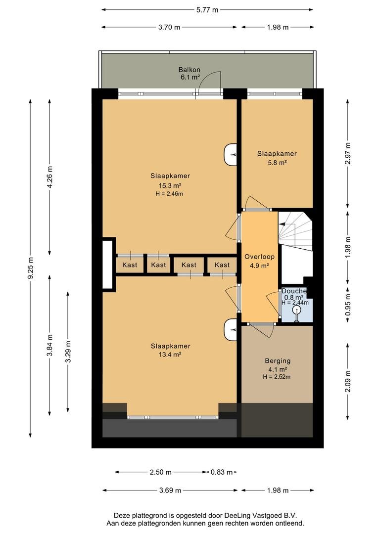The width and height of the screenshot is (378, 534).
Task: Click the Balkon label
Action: [x=189, y=70]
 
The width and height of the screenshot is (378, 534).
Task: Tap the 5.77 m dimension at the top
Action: [x=207, y=10]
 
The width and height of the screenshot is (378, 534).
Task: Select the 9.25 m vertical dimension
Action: [x=31, y=268]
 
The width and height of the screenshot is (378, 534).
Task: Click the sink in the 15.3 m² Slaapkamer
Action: [x=231, y=155]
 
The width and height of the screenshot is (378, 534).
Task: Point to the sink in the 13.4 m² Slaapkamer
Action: [x=231, y=329]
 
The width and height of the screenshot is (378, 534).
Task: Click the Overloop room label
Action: [x=259, y=257]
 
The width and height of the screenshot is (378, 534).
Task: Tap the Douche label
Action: [x=294, y=291]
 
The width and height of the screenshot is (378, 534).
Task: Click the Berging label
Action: [x=278, y=360]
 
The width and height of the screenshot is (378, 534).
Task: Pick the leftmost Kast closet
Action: [x=130, y=265]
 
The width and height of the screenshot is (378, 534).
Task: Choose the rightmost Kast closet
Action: [x=222, y=265]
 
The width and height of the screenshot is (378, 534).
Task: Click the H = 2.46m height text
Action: [x=169, y=194]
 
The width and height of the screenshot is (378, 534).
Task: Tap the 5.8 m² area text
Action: [x=277, y=163]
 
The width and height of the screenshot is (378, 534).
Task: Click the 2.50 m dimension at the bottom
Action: [x=160, y=472]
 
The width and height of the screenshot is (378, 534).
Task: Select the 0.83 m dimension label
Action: [x=222, y=472]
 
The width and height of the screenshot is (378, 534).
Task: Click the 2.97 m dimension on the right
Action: [x=348, y=153]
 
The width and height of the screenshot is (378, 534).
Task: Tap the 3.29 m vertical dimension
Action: [x=68, y=352]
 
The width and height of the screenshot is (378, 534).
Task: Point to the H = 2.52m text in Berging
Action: [x=277, y=377]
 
